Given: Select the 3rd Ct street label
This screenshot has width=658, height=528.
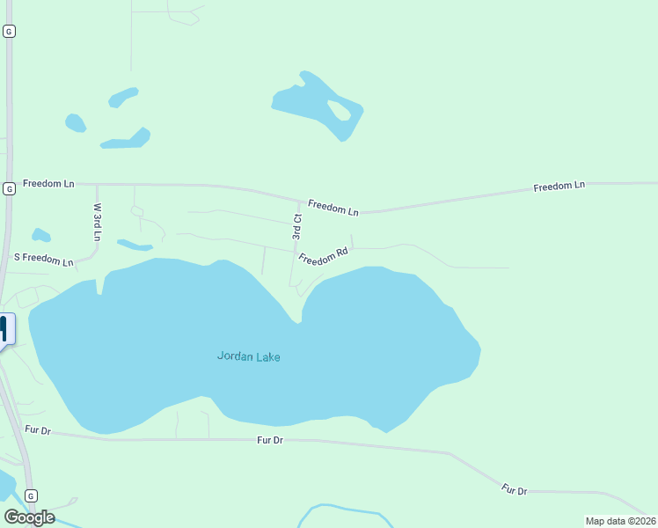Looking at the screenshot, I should [x=297, y=227].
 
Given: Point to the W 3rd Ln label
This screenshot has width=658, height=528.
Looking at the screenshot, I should [x=97, y=222].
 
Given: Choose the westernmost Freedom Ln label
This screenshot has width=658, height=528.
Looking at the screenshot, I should [x=48, y=184].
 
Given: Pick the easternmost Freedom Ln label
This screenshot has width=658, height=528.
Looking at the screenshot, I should [x=559, y=187].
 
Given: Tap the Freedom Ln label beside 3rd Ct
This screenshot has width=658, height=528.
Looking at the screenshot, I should [x=333, y=209].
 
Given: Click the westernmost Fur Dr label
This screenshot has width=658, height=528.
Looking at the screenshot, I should [x=39, y=430].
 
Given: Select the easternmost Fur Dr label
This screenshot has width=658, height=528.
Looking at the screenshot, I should [x=514, y=489].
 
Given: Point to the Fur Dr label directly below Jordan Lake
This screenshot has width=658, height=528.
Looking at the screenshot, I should [x=270, y=439].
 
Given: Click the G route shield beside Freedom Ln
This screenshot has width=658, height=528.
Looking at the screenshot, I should [x=9, y=188].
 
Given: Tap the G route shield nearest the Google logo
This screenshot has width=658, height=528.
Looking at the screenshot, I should [x=31, y=495].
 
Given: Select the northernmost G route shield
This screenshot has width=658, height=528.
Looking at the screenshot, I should [x=9, y=31].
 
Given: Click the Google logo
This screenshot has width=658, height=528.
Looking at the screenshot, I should [x=30, y=517].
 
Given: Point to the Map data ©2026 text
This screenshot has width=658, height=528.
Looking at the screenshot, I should [x=620, y=521].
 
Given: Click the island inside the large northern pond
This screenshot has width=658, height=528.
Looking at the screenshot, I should [x=339, y=110].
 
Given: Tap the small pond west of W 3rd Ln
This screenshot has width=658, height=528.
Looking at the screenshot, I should [x=40, y=235].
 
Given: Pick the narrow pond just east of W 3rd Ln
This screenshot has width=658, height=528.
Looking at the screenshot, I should [x=135, y=245].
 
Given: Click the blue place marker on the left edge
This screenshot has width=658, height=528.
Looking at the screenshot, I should [x=4, y=330].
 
